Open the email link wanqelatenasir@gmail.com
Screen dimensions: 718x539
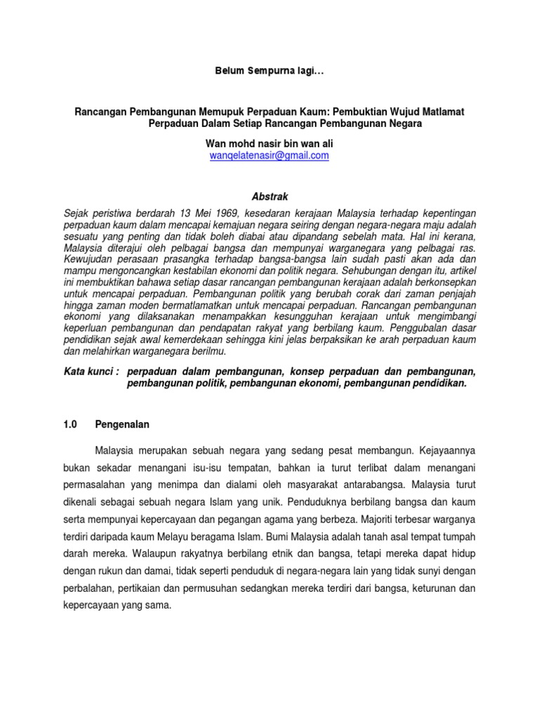coord(269,156)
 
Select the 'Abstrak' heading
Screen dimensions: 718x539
coord(269,197)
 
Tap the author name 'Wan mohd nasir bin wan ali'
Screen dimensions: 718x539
coord(269,143)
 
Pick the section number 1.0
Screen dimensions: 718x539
coord(70,424)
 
